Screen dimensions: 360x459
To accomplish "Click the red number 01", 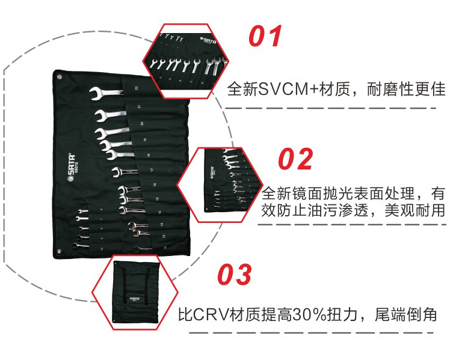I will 265,36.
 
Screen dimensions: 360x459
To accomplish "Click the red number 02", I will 295,159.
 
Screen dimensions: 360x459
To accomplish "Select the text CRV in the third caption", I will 211,314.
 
